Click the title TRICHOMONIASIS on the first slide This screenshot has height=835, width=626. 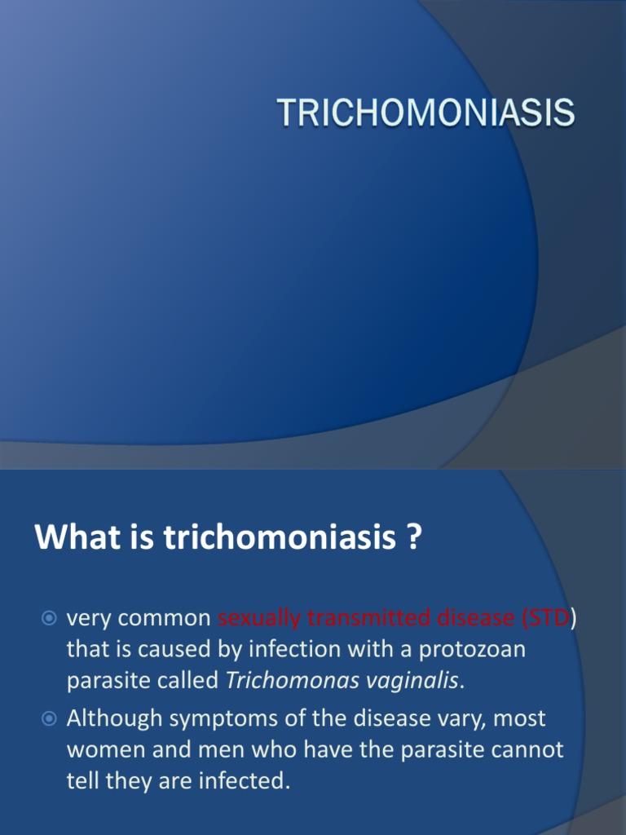[x=426, y=113]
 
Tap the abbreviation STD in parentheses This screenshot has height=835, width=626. [x=549, y=619]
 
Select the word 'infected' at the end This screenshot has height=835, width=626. [x=248, y=781]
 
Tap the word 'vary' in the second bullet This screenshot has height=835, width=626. [x=453, y=719]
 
